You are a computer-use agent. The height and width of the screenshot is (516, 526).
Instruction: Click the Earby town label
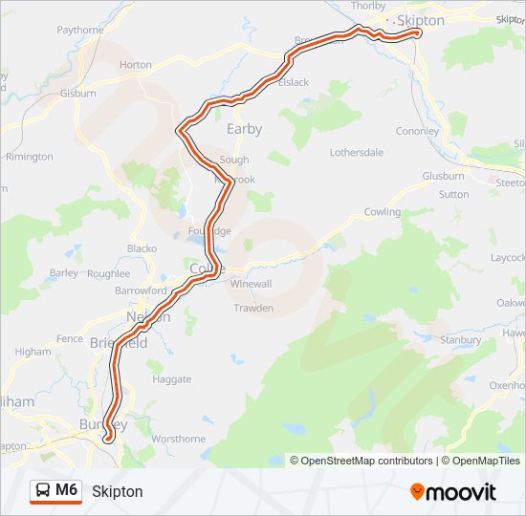click(244, 129)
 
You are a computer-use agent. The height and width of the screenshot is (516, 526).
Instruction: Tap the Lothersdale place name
click(356, 152)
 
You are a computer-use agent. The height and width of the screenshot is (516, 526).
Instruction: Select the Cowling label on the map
click(383, 212)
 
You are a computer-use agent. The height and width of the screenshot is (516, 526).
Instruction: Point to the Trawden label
click(253, 308)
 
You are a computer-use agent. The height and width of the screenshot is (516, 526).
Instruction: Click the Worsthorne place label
click(179, 439)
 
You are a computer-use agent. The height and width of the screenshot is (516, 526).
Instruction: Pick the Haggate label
click(172, 379)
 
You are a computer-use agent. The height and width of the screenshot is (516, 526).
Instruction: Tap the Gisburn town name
click(77, 94)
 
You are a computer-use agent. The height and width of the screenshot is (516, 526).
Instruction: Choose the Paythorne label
click(80, 30)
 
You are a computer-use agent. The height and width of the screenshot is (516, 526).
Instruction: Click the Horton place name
click(136, 65)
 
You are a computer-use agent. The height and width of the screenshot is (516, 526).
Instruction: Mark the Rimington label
click(29, 157)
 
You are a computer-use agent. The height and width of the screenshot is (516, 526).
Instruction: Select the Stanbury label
click(460, 339)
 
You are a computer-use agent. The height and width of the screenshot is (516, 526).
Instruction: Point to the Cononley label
click(417, 131)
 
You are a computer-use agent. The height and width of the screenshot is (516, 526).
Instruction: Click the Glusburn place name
click(443, 176)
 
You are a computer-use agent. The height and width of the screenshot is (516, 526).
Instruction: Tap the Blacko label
click(142, 248)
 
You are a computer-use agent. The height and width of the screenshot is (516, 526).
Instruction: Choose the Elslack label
click(293, 82)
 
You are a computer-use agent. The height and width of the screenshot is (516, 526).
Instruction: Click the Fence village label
click(70, 338)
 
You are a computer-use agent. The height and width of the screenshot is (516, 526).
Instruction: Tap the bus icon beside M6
click(44, 491)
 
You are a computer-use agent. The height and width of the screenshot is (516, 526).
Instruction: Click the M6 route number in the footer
click(67, 490)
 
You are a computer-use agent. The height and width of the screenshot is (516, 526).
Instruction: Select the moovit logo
click(453, 492)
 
